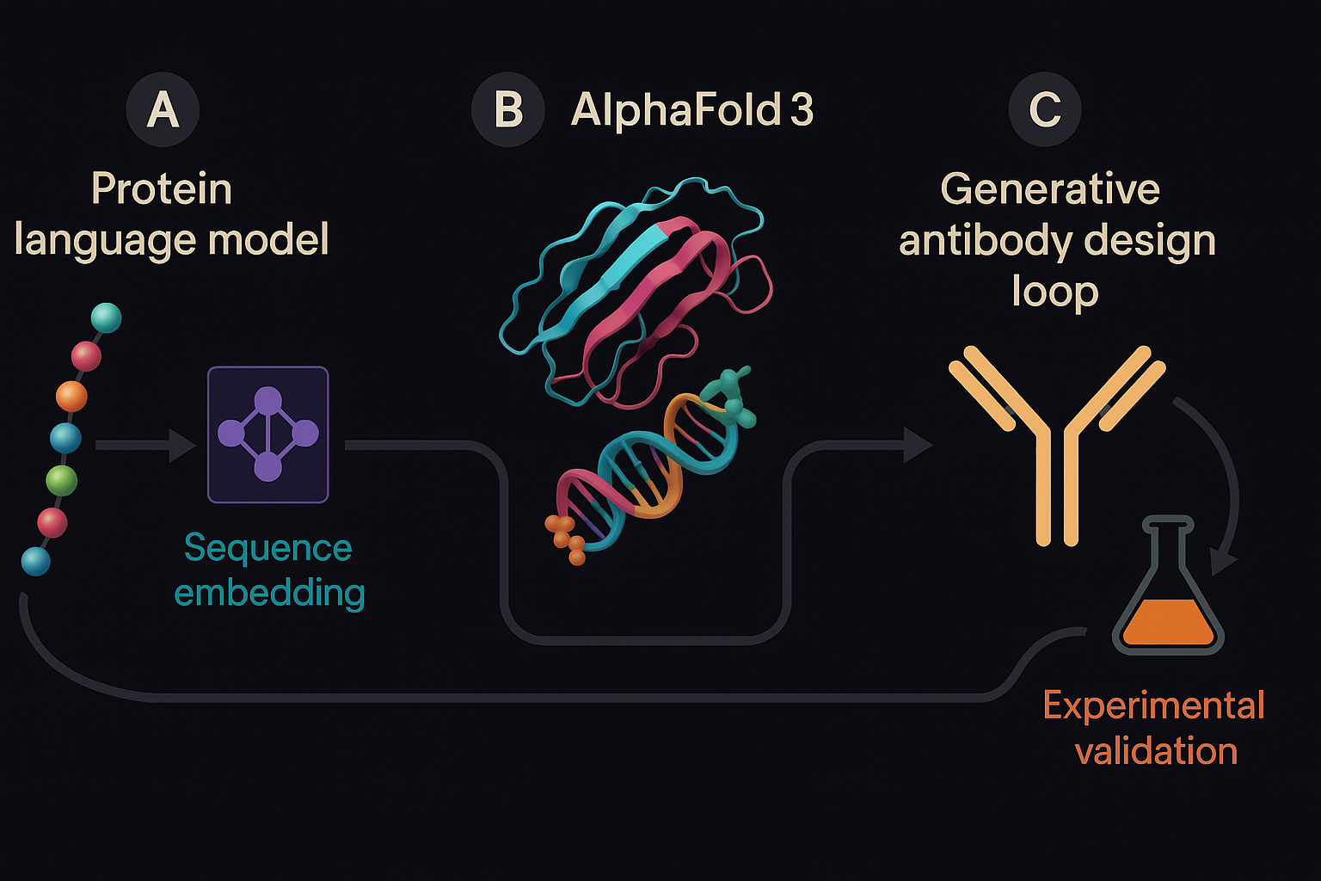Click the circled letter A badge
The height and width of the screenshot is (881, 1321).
click(163, 110)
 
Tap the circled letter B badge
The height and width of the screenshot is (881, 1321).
click(508, 110)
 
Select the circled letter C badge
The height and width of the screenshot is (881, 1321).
click(1045, 110)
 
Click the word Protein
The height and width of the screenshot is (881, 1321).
click(162, 189)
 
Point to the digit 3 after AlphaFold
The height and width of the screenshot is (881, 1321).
click(802, 110)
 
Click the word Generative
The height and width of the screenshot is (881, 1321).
click(1050, 189)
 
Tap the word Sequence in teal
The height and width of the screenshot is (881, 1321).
click(268, 548)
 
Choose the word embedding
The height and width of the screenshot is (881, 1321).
click(269, 593)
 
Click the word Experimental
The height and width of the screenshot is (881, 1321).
click(1153, 705)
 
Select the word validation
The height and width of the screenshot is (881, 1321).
click(1156, 751)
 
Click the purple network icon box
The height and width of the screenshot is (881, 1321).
click(268, 434)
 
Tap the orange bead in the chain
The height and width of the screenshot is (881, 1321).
click(71, 397)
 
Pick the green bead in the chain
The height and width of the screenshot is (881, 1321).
click(61, 479)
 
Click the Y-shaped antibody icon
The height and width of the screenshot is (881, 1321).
click(1057, 439)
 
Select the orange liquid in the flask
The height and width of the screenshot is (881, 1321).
click(1168, 624)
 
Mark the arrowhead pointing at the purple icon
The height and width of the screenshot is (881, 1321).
click(183, 445)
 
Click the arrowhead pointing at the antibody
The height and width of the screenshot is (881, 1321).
click(918, 445)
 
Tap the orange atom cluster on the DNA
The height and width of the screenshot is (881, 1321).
click(565, 536)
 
